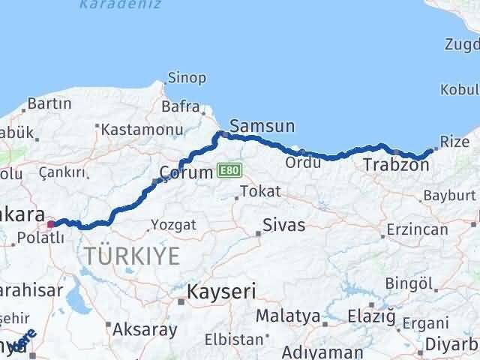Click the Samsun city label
[x=262, y=126]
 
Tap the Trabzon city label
[x=395, y=165]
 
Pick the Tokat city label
[x=261, y=191]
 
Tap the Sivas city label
[x=284, y=224]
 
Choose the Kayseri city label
[x=221, y=291]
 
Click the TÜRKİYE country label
[x=132, y=256]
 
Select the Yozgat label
[x=173, y=224]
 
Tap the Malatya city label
[x=282, y=316]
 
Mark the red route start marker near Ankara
[x=51, y=223]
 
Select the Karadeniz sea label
[x=113, y=4]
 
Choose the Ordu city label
[x=303, y=161]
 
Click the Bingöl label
[x=409, y=283]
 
